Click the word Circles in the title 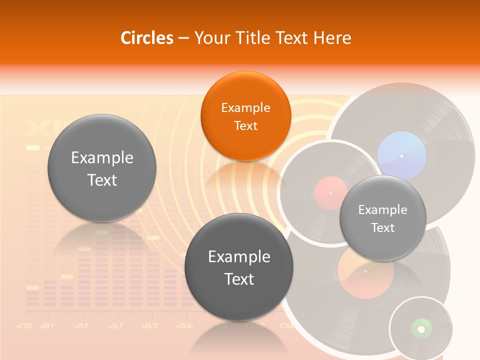click(147, 38)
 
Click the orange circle click(245, 116)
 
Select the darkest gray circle click(239, 267)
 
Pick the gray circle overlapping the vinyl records click(382, 218)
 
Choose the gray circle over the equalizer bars click(102, 168)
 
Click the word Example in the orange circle click(245, 107)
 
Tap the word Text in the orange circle click(245, 125)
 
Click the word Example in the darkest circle click(239, 256)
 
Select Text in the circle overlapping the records click(382, 228)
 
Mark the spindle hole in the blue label click(401, 156)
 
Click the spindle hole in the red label click(330, 193)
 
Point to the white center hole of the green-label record click(420, 329)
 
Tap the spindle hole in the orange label click(365, 271)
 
